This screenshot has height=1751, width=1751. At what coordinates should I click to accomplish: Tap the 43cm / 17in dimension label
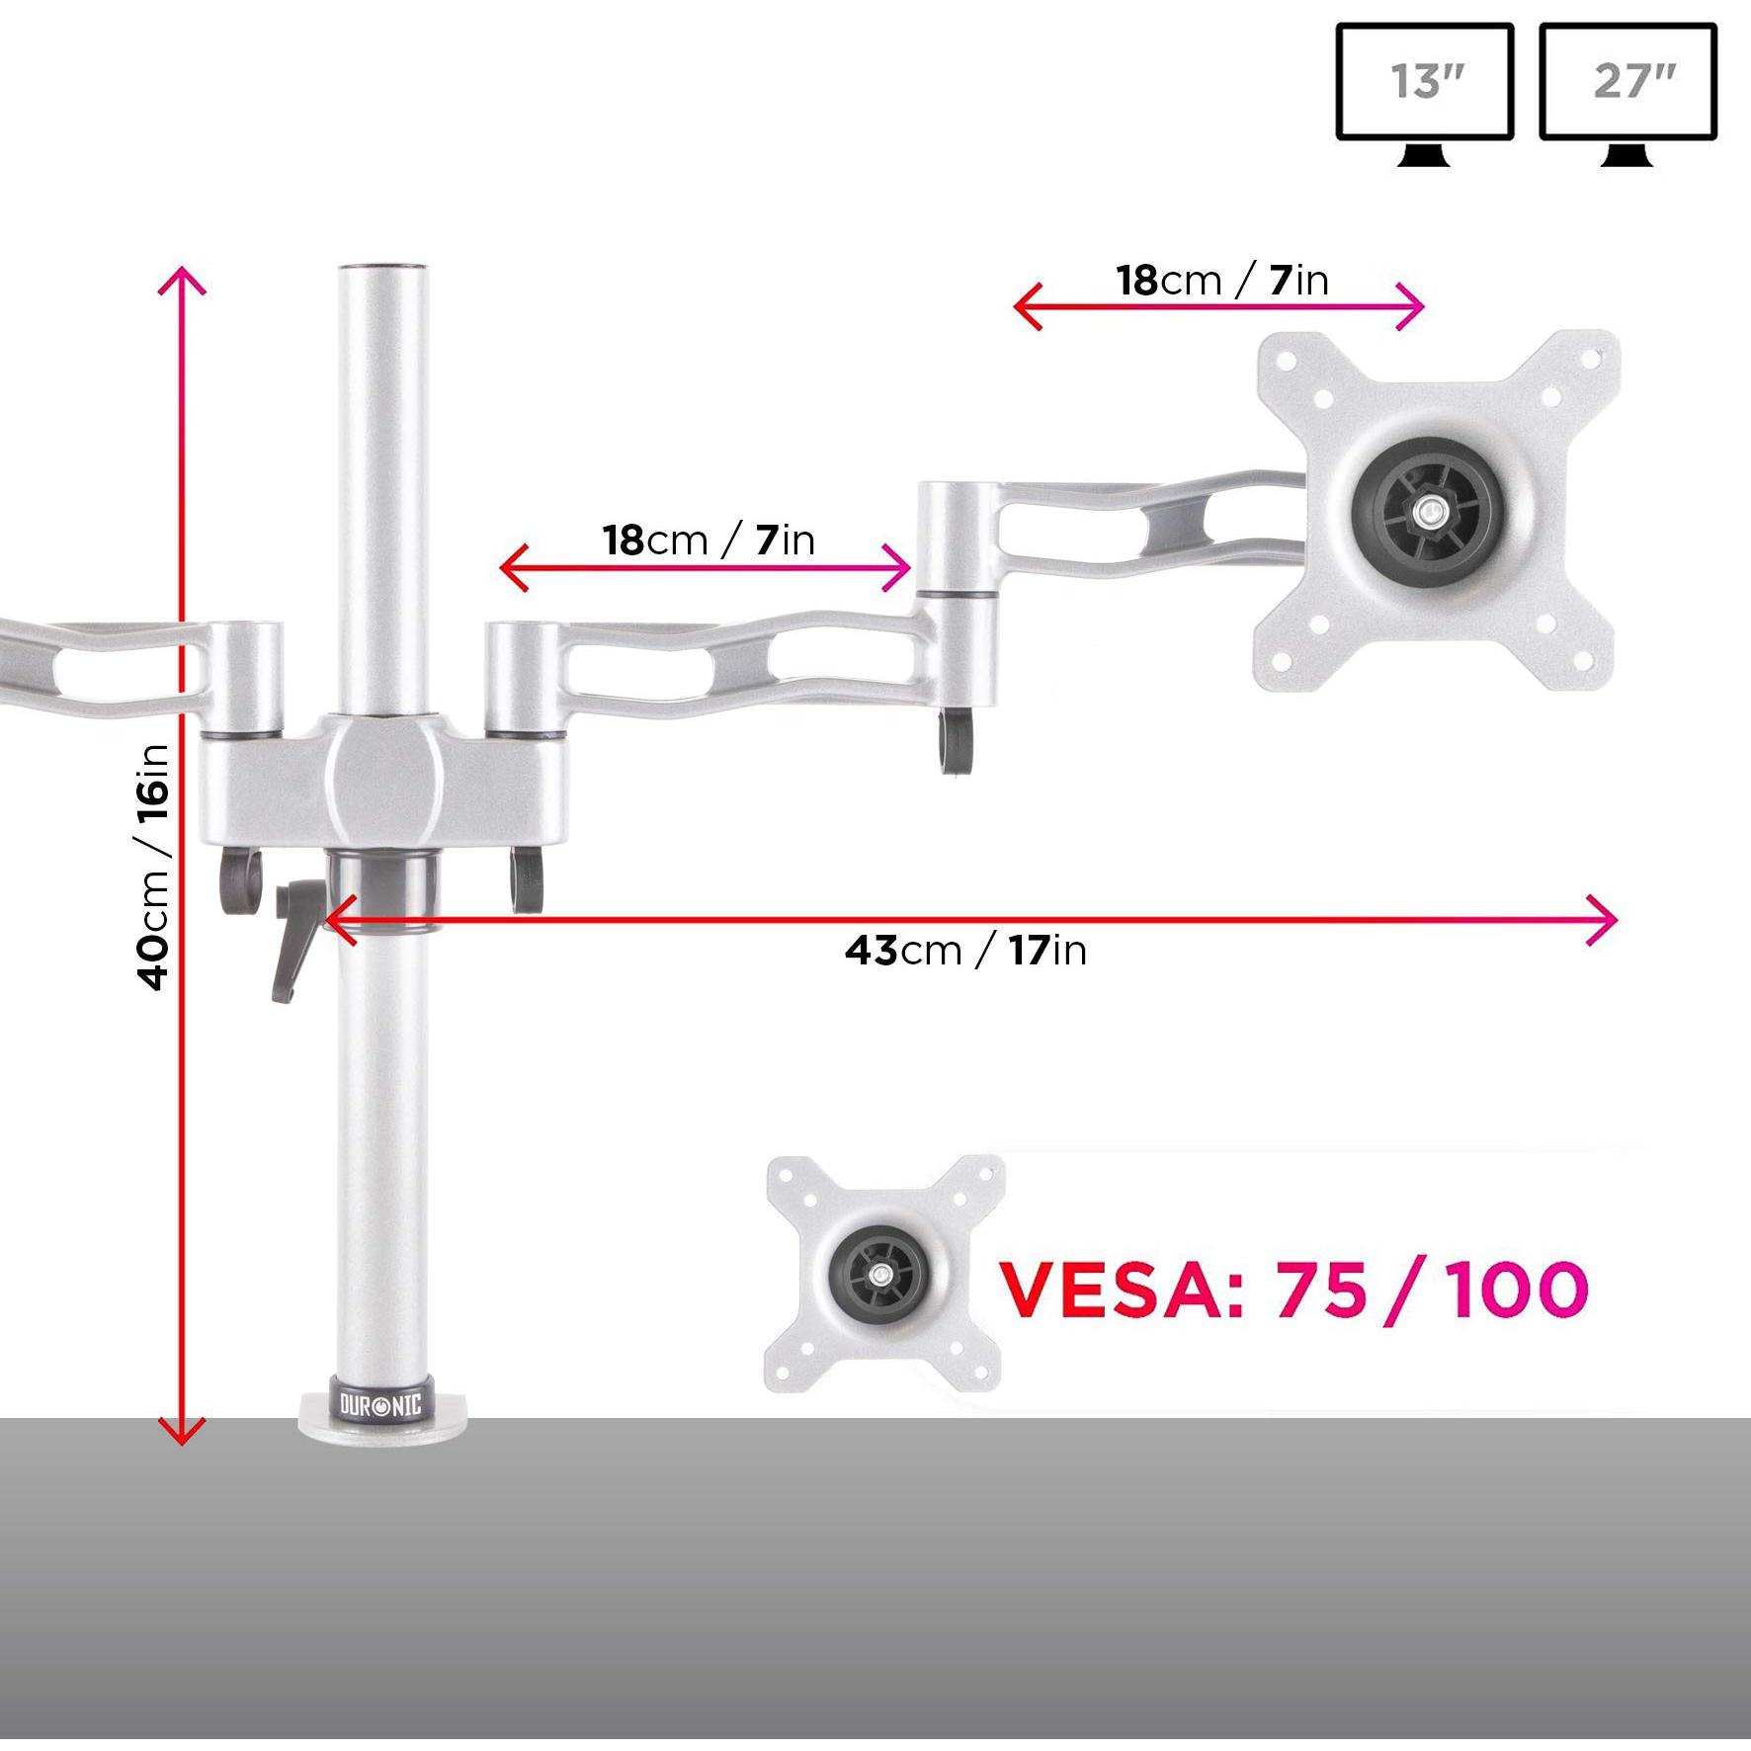pyautogui.click(x=965, y=951)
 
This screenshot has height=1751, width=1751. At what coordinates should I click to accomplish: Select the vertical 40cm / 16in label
pyautogui.click(x=154, y=867)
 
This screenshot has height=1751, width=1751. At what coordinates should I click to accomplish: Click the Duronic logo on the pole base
pyautogui.click(x=380, y=1404)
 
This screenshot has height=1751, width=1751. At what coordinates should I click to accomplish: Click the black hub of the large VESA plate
pyautogui.click(x=1426, y=512)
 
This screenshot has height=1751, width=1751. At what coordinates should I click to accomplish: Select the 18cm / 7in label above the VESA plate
pyautogui.click(x=1222, y=281)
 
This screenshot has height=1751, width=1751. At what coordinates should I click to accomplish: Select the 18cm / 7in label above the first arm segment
pyautogui.click(x=709, y=541)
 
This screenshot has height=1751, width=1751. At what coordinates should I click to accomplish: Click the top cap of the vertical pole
pyautogui.click(x=384, y=269)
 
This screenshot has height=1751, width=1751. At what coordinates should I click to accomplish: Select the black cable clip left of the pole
pyautogui.click(x=239, y=878)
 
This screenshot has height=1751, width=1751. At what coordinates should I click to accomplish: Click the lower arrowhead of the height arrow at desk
pyautogui.click(x=182, y=1433)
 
